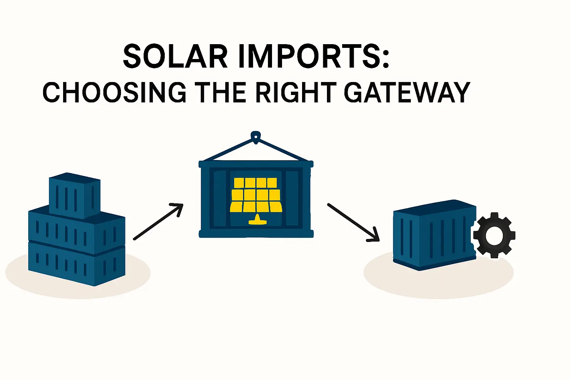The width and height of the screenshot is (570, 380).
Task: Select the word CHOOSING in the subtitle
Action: (114, 92)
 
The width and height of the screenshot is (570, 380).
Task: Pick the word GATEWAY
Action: (407, 92)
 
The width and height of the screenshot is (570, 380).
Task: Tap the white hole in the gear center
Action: (494, 235)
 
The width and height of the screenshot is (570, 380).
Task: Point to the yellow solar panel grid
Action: (256, 195)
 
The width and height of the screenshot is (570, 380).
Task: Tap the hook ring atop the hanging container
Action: (255, 136)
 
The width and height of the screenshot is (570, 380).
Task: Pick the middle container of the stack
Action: (76, 230)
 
